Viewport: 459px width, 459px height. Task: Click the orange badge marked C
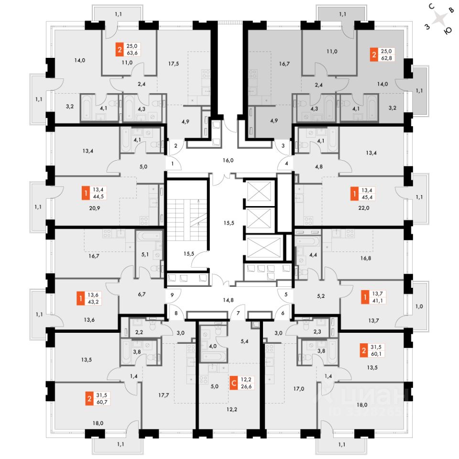click(x=234, y=383)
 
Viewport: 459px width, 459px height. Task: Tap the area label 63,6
click(x=132, y=53)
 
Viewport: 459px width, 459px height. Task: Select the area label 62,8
click(x=386, y=58)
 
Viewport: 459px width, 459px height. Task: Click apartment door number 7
click(x=238, y=313)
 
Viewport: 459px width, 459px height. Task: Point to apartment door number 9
click(x=172, y=295)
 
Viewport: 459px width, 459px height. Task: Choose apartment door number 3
click(x=283, y=145)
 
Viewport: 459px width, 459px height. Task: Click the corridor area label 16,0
click(x=228, y=160)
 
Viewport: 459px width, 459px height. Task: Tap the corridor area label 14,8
click(x=228, y=300)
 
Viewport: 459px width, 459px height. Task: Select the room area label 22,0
click(x=363, y=208)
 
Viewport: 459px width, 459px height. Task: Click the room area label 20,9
click(x=94, y=208)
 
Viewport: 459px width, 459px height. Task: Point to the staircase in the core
click(x=187, y=219)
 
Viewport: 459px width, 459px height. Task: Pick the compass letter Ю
click(x=448, y=31)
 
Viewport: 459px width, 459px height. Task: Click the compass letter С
click(x=431, y=6)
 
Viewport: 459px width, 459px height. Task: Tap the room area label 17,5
click(x=174, y=64)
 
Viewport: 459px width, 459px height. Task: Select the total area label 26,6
click(x=246, y=386)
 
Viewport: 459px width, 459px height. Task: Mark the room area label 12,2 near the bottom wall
click(x=231, y=409)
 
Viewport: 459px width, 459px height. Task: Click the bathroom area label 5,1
click(x=145, y=254)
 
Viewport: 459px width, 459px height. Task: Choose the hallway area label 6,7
click(x=142, y=294)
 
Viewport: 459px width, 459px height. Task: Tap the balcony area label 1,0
click(x=419, y=306)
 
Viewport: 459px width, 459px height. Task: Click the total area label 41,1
click(x=378, y=301)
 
